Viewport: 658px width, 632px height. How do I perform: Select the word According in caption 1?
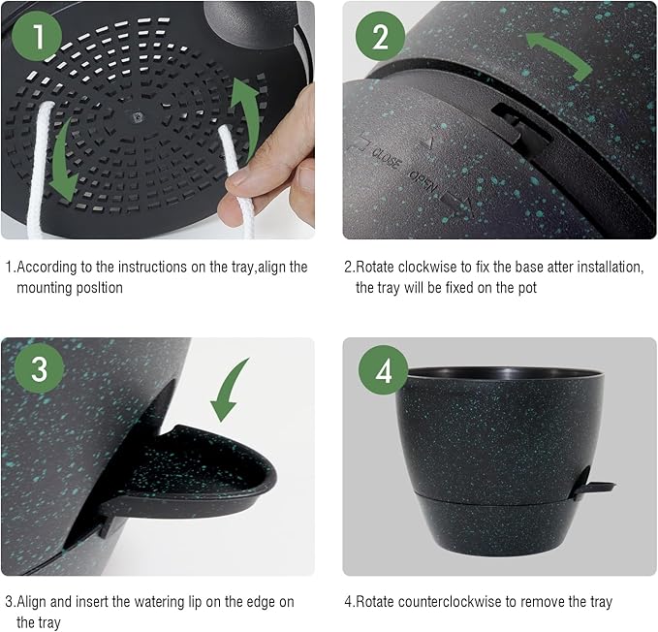49,268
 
